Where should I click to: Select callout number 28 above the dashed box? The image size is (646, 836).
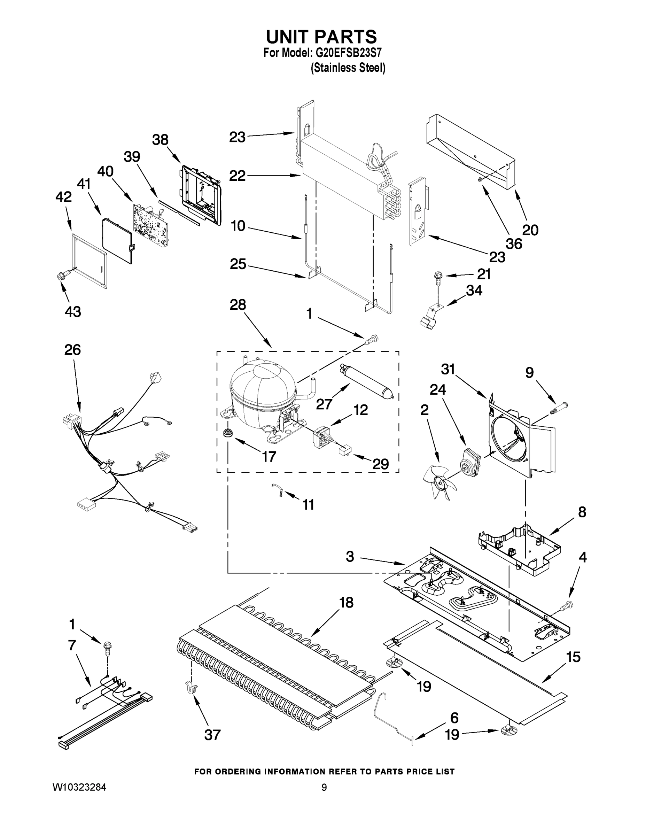click(x=237, y=305)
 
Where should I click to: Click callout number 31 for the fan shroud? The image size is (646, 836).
click(x=448, y=369)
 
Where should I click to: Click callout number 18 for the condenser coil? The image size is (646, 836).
click(x=346, y=603)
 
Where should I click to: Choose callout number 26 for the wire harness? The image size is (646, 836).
click(x=72, y=350)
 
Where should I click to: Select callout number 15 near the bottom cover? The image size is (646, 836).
click(x=573, y=657)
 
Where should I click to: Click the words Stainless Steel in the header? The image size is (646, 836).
click(x=348, y=68)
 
